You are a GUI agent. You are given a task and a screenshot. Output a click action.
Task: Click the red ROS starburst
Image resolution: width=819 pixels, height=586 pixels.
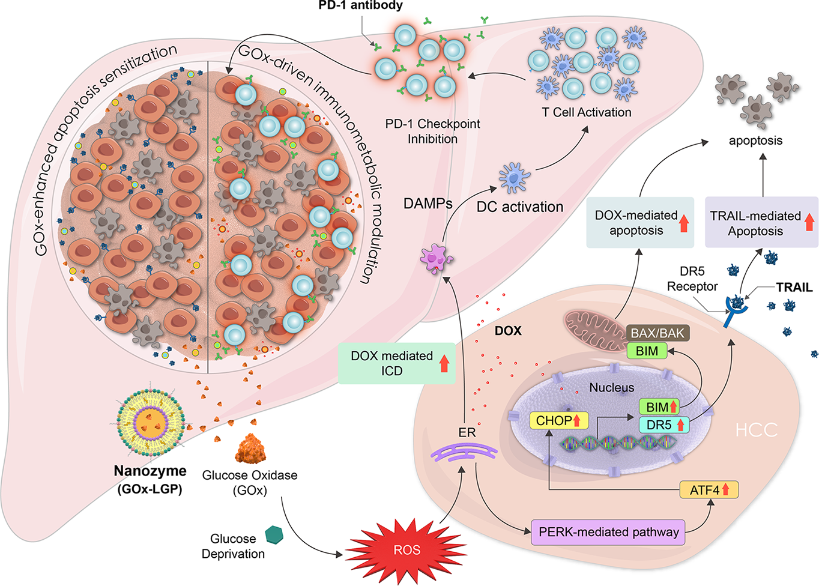[406, 549]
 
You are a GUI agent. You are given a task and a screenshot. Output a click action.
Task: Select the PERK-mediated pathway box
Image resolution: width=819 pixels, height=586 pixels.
[608, 532]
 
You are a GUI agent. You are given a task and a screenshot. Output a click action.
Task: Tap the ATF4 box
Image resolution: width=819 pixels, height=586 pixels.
[709, 490]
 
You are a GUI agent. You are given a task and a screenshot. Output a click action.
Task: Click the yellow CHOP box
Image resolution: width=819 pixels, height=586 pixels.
[558, 420]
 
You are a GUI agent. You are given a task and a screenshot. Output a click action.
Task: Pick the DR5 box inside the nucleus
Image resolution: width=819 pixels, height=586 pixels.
[664, 425]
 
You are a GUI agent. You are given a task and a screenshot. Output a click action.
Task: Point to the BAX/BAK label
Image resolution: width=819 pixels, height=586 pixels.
[657, 333]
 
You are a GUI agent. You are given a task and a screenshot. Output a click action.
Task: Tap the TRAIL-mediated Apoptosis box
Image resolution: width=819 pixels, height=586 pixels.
[761, 223]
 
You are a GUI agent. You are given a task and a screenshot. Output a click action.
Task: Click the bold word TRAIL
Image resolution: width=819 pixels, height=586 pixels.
[794, 288]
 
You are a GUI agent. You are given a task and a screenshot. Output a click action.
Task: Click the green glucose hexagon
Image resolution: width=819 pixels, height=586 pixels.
[274, 534]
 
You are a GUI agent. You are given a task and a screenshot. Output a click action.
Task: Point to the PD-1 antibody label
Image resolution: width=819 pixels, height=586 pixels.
[360, 6]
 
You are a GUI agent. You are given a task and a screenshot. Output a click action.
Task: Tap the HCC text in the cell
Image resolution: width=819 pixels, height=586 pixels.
[756, 430]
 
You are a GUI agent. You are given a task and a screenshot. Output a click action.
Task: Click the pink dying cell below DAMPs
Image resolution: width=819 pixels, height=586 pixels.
[437, 259]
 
